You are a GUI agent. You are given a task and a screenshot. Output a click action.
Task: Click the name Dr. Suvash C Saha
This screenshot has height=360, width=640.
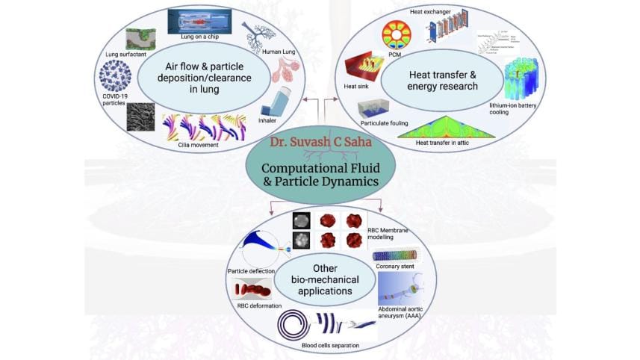[x=320, y=140]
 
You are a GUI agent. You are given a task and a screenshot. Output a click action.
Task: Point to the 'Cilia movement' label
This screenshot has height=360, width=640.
[x=199, y=144]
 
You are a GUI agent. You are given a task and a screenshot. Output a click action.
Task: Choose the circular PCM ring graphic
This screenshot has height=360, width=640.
[x=397, y=37]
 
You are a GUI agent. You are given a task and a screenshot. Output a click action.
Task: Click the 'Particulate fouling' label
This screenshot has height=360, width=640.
[x=386, y=122]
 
